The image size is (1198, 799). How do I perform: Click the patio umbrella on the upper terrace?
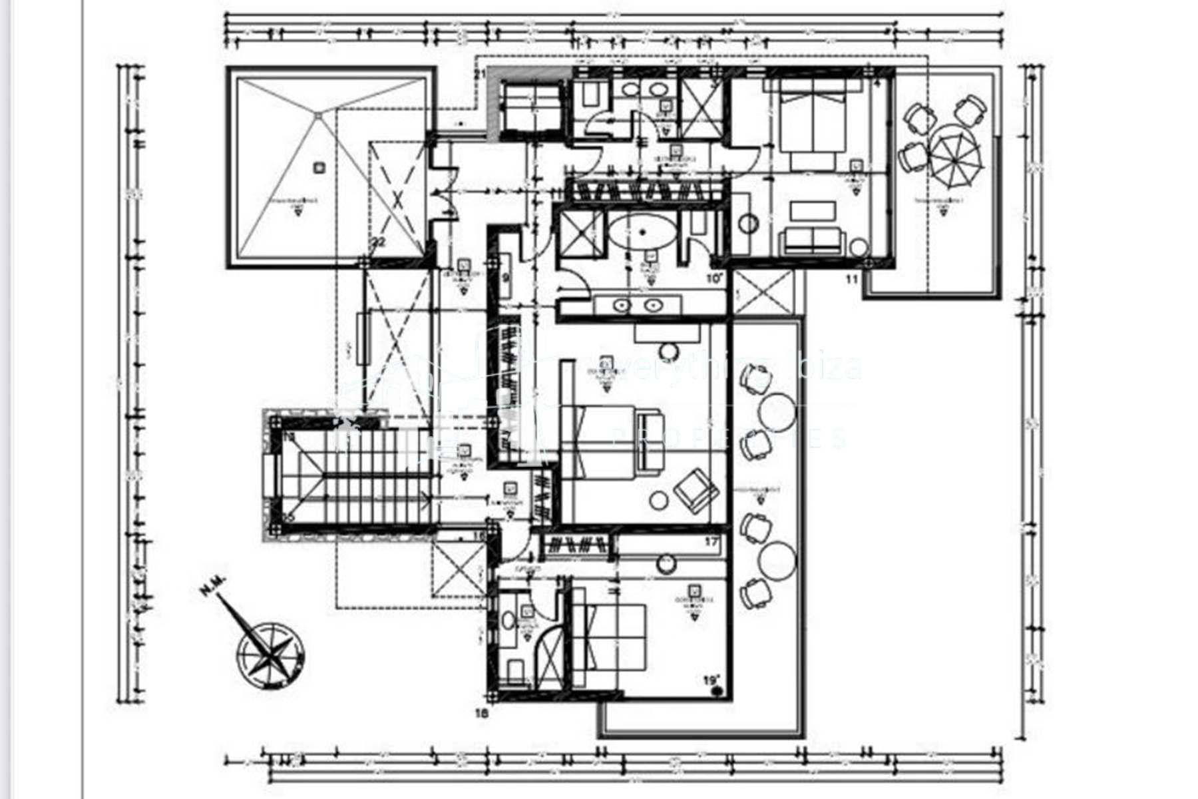coord(954,158)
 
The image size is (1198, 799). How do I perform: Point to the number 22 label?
coord(379,243)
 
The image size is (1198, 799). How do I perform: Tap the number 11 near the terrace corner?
coord(852,280)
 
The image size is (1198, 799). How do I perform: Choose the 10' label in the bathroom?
coord(714,278)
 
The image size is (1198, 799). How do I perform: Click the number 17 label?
coord(711,542)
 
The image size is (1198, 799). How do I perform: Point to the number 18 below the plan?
coord(482,714)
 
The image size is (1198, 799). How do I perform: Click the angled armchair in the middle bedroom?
coord(696,489)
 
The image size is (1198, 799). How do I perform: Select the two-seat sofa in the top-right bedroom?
coord(812,241)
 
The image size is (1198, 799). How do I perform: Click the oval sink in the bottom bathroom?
coord(508,621)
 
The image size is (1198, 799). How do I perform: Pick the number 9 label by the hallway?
coord(505,278)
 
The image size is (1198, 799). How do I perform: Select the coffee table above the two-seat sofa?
coord(813,210)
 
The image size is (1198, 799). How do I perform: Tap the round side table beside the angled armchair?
coord(659,500)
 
